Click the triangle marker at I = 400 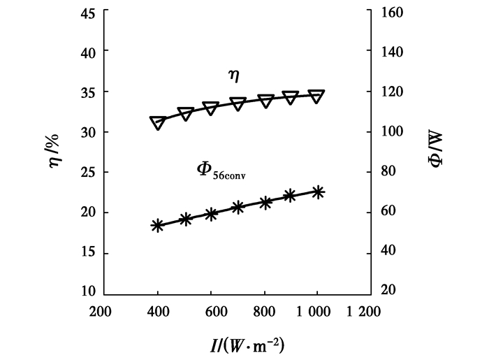[x=158, y=122]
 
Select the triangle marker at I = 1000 [x=316, y=96]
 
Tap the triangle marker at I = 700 [x=238, y=103]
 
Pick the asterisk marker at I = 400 [x=158, y=225]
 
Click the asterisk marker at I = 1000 [x=317, y=192]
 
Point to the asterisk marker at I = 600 [x=211, y=215]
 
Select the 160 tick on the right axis [x=400, y=12]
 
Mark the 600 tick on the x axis [x=211, y=311]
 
